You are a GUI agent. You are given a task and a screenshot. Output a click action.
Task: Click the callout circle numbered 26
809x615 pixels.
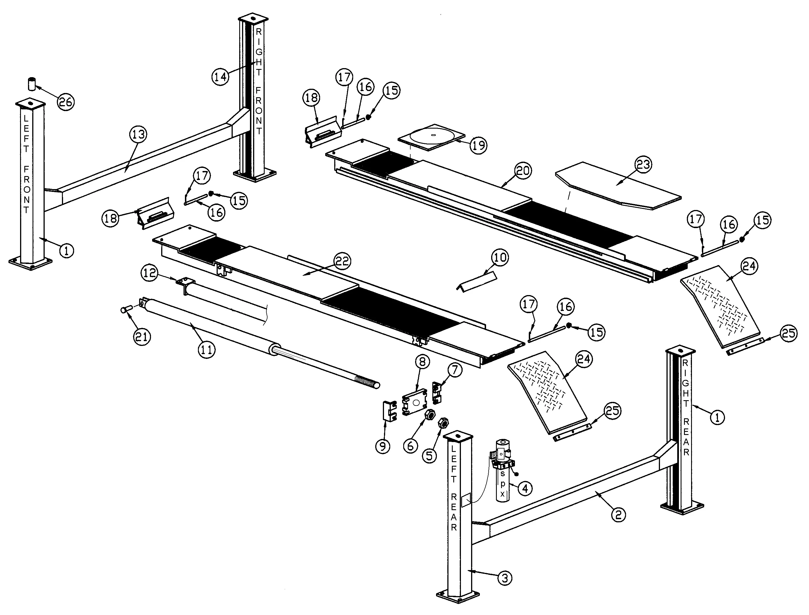tap(66, 102)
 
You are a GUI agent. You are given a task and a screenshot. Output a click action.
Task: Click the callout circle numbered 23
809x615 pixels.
tap(644, 165)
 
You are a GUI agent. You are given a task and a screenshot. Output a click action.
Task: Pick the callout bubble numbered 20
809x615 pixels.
tap(523, 171)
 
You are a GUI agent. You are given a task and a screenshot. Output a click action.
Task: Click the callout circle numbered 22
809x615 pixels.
tap(342, 261)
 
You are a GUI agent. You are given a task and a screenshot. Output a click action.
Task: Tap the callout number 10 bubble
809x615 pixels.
tap(500, 257)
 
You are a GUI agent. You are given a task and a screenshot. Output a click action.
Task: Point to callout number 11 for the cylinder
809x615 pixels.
tap(206, 350)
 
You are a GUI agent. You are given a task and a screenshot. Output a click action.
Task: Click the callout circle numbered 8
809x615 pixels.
tap(422, 362)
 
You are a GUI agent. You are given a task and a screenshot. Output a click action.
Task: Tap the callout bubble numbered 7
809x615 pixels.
tap(454, 370)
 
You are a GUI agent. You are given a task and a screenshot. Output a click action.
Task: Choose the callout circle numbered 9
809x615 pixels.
tap(383, 446)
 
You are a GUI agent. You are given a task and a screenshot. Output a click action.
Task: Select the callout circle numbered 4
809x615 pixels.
tap(525, 488)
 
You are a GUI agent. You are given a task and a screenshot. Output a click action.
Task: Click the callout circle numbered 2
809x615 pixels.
tap(618, 515)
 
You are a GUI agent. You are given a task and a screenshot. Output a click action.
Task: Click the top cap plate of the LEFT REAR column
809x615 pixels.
tap(458, 436)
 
